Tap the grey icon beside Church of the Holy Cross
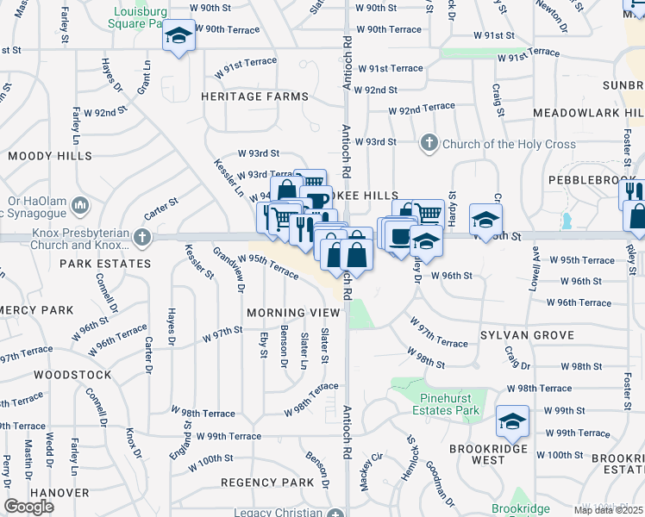[429, 143]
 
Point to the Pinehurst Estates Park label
[449, 404]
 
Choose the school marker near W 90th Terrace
[179, 36]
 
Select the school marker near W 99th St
[513, 421]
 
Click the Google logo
[28, 507]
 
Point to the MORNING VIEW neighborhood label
[287, 313]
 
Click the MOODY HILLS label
[50, 157]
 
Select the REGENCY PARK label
[268, 483]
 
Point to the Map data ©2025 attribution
[608, 510]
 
